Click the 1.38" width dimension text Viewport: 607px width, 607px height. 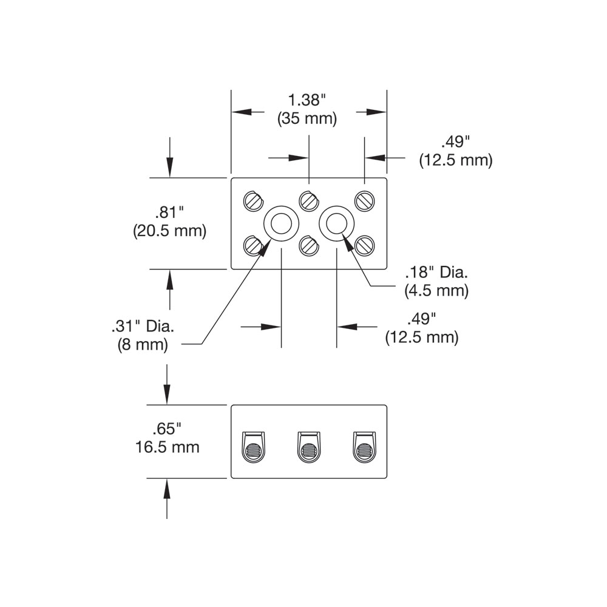tap(308, 100)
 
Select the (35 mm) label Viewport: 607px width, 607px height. tap(307, 118)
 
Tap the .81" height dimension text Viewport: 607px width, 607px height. tap(169, 212)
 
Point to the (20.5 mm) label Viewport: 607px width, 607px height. tap(169, 231)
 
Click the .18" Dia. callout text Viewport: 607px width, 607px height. tap(436, 272)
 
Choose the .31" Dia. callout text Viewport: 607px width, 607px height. tap(143, 326)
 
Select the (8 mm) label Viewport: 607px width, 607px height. tap(143, 345)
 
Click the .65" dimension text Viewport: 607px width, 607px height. tap(167, 429)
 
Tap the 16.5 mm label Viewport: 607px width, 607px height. tap(167, 448)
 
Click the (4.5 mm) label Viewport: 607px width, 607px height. tap(436, 291)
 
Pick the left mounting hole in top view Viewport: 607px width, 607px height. tap(280, 224)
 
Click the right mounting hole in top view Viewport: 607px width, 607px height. tap(336, 224)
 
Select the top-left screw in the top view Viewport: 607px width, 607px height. tap(253, 200)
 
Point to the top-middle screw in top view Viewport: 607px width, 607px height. tap(309, 199)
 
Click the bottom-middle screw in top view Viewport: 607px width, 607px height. tap(309, 245)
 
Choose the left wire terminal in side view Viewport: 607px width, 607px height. tap(253, 447)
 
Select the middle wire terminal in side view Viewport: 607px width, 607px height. tap(308, 447)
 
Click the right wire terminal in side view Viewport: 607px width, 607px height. tap(364, 447)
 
